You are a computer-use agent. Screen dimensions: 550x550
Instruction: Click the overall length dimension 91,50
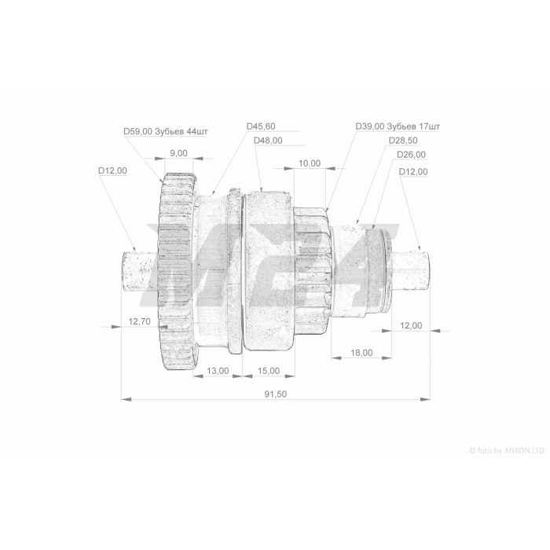pos(275,394)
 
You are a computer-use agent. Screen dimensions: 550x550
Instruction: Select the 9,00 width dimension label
pos(178,153)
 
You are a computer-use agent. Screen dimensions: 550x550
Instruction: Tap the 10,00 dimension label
pos(310,163)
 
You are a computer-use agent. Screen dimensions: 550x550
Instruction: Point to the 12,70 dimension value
pos(140,321)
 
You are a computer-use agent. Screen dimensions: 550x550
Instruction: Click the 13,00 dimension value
pos(218,371)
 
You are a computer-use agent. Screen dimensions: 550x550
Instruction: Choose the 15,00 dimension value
pos(269,371)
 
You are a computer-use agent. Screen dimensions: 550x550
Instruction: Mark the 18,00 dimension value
pos(361,353)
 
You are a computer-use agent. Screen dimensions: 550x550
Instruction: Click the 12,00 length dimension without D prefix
pos(411,325)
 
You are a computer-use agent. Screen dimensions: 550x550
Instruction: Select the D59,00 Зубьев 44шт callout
pos(166,131)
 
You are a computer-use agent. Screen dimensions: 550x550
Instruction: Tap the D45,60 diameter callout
pos(261,126)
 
